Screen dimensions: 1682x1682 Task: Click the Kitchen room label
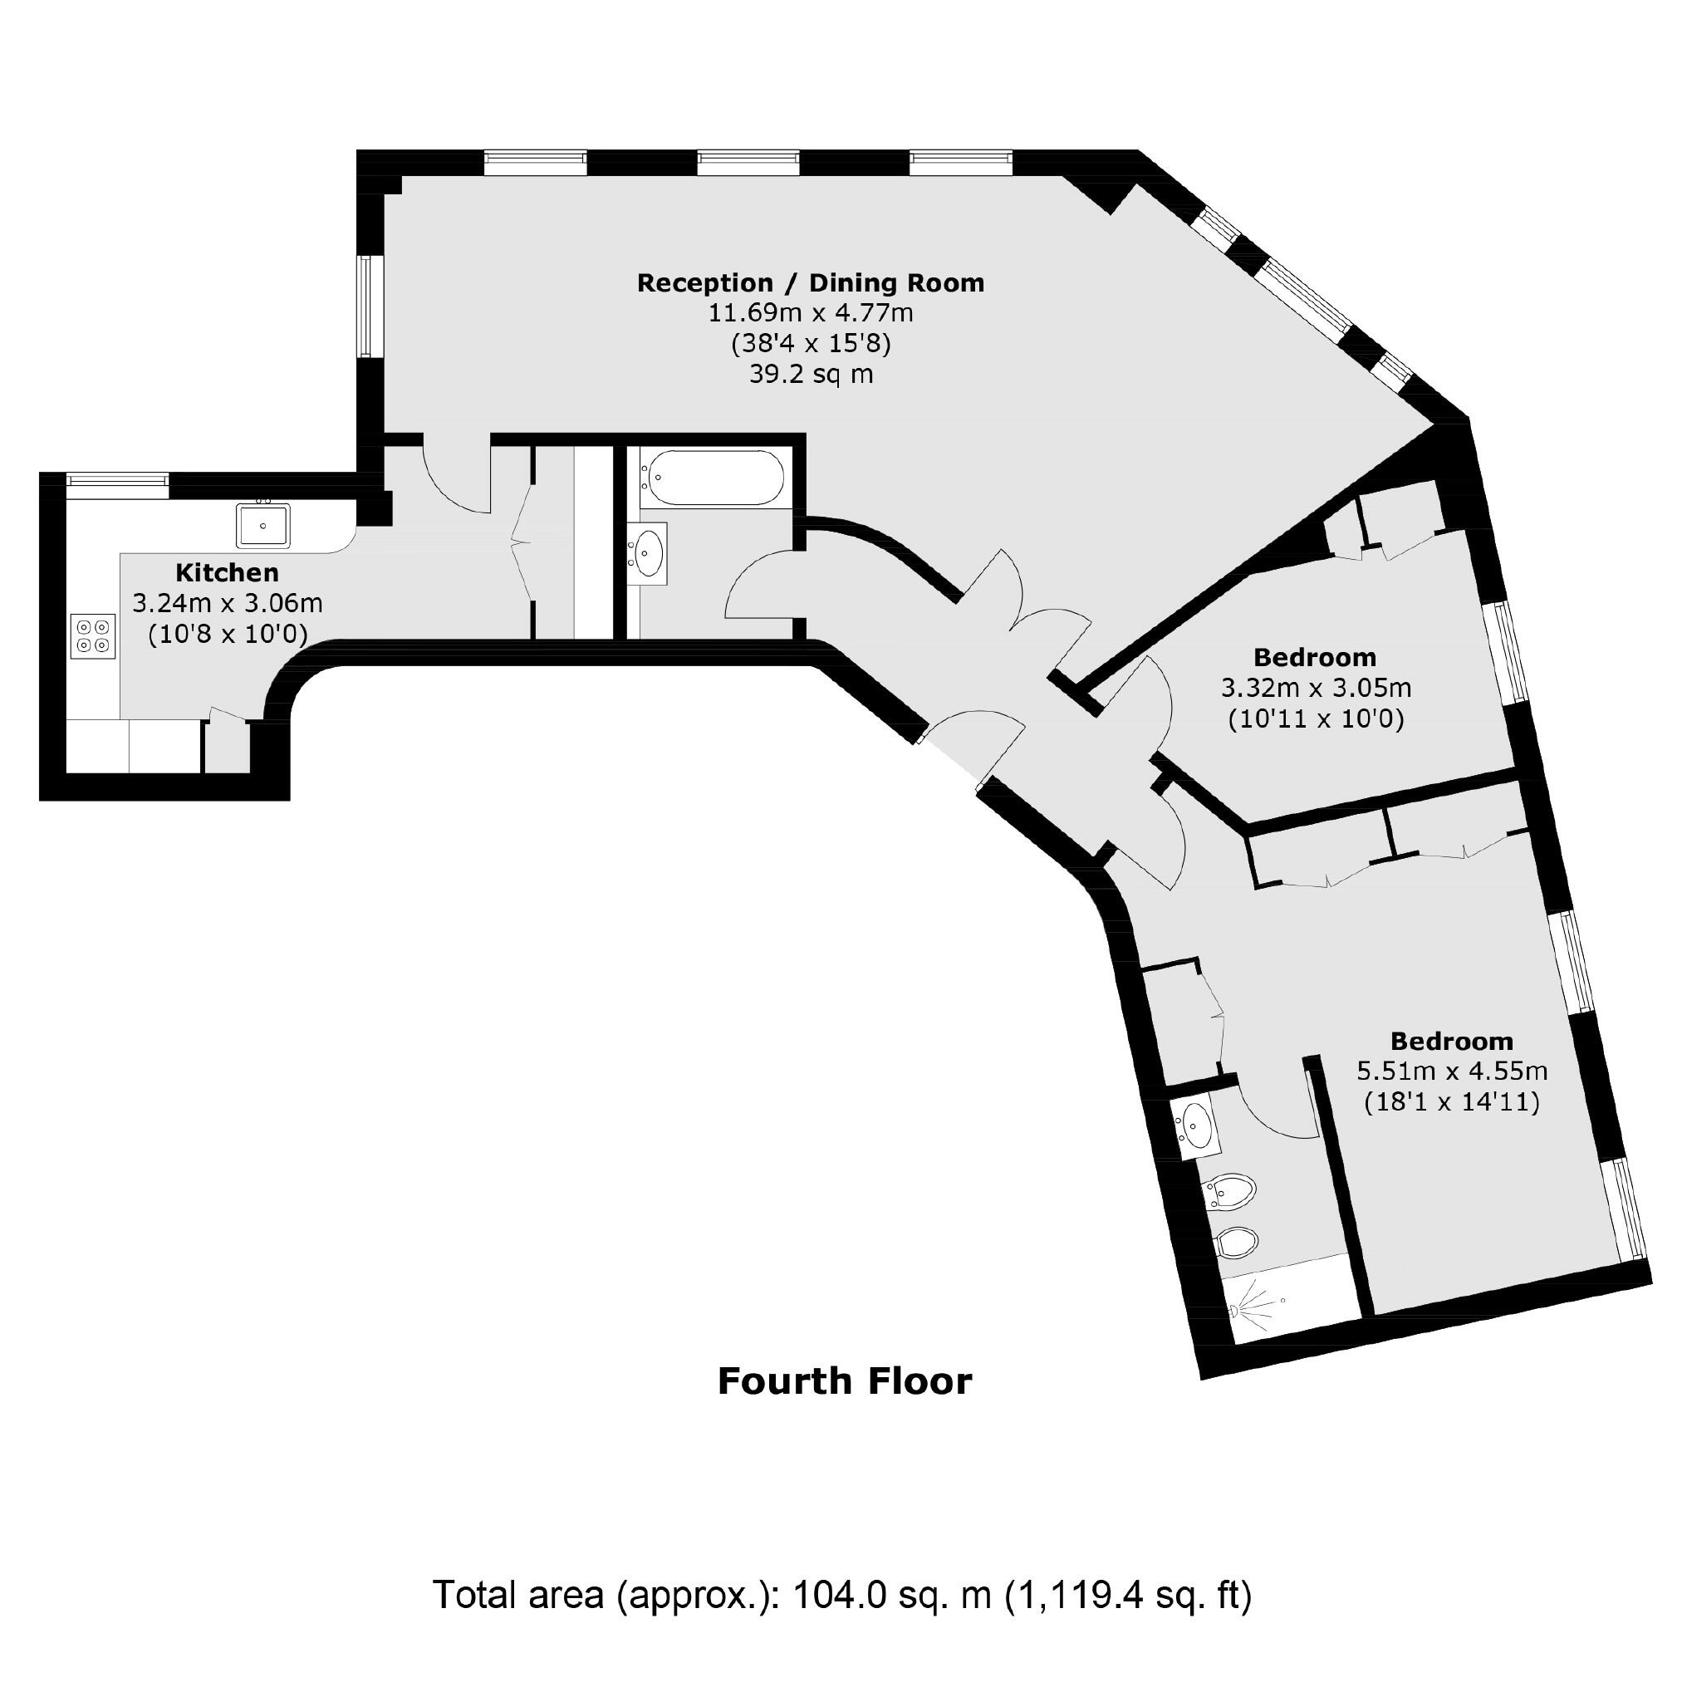coord(228,573)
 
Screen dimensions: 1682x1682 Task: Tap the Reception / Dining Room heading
coord(811,283)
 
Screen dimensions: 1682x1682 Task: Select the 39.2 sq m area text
coord(811,375)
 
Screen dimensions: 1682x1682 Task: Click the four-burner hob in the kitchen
coord(93,635)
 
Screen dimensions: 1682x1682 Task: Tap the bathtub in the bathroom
coord(713,477)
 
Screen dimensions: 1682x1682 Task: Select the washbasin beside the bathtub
coord(649,551)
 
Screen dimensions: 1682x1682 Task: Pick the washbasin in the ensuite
coord(1198,1125)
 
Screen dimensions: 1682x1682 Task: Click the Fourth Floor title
coord(844,1381)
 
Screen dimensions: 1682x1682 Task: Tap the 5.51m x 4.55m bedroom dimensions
coord(1451,1071)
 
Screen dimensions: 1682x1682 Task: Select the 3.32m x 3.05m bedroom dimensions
coord(1316,688)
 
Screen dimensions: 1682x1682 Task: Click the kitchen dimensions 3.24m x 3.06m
coord(228,602)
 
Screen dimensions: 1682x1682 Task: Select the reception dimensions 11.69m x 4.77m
coord(811,312)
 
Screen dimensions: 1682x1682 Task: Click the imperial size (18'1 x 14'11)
coord(1451,1102)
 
